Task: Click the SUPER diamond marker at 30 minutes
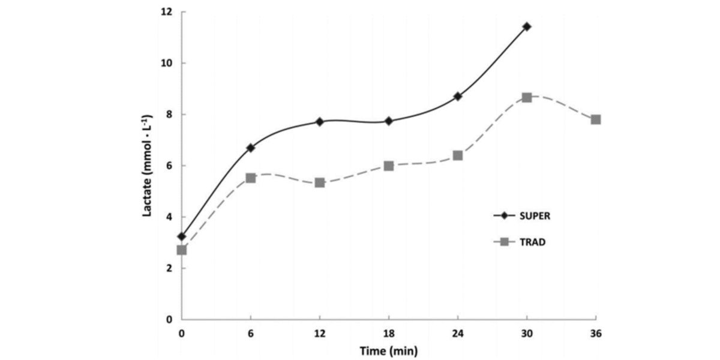527,26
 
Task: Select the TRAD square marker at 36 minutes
596,119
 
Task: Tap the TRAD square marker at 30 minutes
527,97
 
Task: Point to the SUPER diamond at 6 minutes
251,148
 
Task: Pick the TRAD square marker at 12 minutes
320,182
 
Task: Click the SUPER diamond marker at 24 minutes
458,96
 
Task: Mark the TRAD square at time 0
182,250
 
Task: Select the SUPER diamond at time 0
182,236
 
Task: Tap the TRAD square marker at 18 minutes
389,166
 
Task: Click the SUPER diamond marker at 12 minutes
320,122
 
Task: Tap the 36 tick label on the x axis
595,334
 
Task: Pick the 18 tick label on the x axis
389,334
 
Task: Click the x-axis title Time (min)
388,350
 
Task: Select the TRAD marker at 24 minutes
458,155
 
